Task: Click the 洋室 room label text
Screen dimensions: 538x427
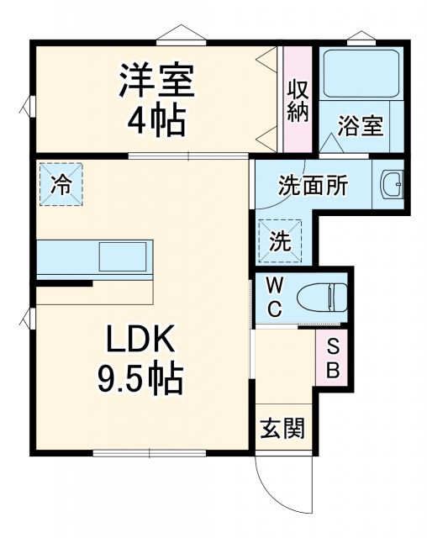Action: pos(157,82)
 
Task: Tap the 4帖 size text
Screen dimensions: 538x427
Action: pos(157,123)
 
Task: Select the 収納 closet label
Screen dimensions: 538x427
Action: pos(298,100)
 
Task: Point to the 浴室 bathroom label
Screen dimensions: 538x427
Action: pos(361,126)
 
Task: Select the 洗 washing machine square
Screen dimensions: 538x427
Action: pos(280,240)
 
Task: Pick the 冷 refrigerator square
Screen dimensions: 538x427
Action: pos(61,183)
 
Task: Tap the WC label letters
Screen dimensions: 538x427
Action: pos(275,297)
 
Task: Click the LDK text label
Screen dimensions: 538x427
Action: pos(141,340)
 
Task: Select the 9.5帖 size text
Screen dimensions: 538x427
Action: pos(141,381)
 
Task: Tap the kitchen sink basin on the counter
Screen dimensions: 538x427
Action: pos(124,256)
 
